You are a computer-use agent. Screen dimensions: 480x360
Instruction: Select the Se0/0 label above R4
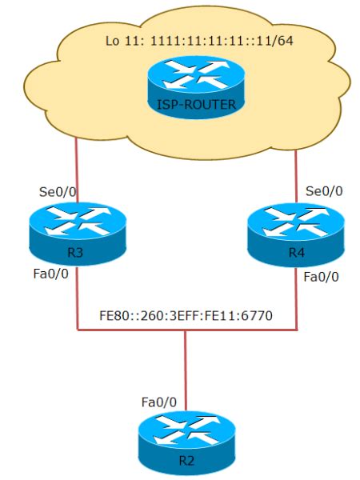pos(324,191)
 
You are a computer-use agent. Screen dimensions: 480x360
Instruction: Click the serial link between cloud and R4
pos(298,172)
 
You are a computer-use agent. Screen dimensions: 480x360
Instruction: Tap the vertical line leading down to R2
pos(186,368)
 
